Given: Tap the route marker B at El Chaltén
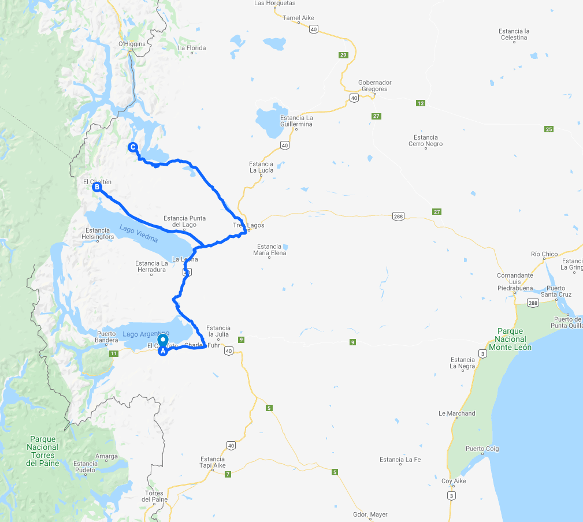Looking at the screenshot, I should [97, 187].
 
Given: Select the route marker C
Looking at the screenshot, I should [133, 147].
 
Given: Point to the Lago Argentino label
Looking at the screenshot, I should [146, 334].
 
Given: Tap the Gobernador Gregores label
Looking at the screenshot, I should [375, 86].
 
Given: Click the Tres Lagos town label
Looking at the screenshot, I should [244, 225].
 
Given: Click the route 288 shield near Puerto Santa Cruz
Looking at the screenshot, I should [532, 303].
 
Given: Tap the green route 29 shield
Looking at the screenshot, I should [343, 55].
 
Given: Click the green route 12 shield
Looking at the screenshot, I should [420, 103].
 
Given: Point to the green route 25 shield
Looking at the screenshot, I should [548, 129].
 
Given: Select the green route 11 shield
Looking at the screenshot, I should [114, 353].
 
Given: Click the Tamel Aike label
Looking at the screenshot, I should [298, 18].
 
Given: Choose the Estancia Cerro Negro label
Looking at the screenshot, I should [426, 141].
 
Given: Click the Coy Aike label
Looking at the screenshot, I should [454, 481].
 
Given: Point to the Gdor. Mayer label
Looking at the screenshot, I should [370, 514].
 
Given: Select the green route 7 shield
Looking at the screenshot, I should [228, 474].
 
